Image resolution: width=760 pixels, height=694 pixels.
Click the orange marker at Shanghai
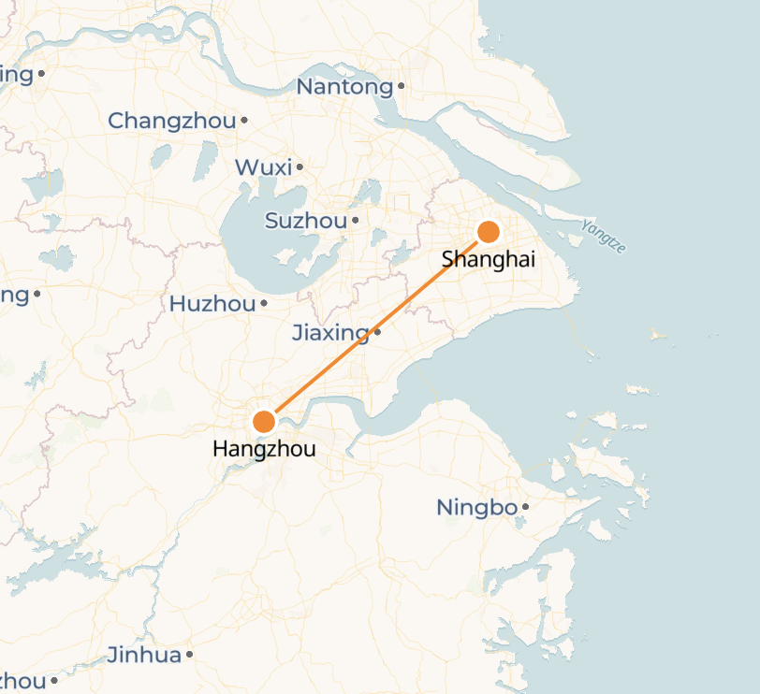[x=488, y=232]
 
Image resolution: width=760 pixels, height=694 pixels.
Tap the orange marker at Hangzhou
[x=264, y=422]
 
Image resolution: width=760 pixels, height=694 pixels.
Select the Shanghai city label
[x=488, y=259]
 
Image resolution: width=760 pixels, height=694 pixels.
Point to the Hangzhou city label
[x=264, y=449]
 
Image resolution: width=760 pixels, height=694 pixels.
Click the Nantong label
[x=344, y=87]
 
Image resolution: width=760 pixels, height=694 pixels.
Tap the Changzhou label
[x=172, y=121]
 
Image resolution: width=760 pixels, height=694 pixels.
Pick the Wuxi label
[x=263, y=167]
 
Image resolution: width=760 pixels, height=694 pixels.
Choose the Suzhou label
[x=306, y=222]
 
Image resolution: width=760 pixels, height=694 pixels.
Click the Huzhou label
[x=212, y=304]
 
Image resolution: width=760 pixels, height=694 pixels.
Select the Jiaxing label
[x=330, y=332]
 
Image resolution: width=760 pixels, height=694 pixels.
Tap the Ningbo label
[x=476, y=508]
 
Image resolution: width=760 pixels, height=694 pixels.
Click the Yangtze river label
[x=603, y=236]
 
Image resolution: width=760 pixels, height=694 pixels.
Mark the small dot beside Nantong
[x=401, y=86]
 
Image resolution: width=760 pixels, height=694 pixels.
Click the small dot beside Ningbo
[x=525, y=507]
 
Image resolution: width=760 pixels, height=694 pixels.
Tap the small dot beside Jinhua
[x=189, y=655]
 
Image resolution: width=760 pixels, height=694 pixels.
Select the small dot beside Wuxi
[x=300, y=167]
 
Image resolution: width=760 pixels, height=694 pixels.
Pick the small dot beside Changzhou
[x=244, y=120]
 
